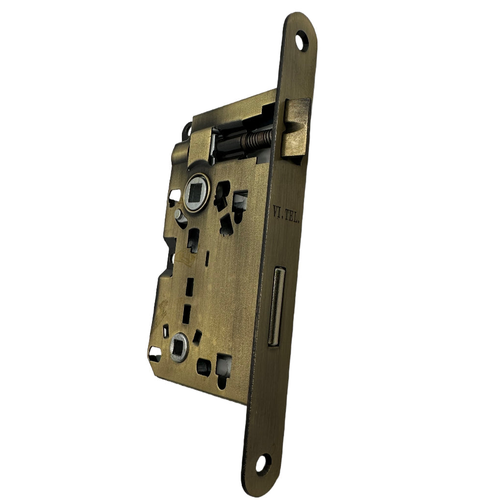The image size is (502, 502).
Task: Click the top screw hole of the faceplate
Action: pos(301,41)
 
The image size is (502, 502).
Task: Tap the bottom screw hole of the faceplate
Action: pos(263,462)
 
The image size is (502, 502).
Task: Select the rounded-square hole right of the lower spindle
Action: pos(203,366)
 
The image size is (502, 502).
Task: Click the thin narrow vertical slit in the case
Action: pos(207,258)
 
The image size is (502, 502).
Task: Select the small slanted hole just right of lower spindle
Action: pos(197,336)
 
